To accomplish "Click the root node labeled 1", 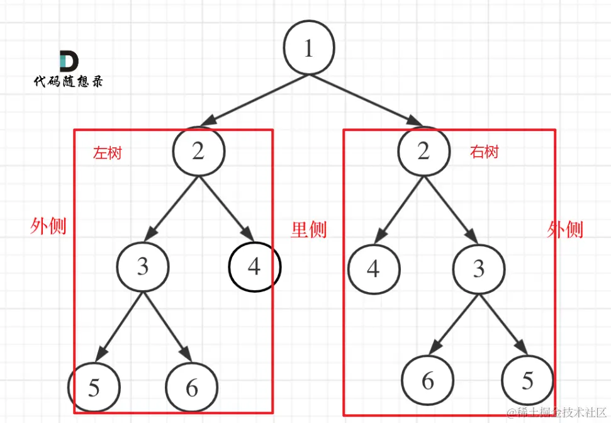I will tap(308, 49).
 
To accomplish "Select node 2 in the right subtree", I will tap(423, 151).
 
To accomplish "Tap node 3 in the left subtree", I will tap(143, 266).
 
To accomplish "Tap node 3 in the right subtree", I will tap(479, 269).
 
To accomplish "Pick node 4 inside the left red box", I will tap(254, 267).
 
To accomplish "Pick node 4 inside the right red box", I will tap(374, 269).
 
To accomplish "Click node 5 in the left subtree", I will tap(94, 386).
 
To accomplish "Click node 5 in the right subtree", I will tap(527, 380).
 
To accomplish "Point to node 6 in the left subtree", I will tap(192, 387).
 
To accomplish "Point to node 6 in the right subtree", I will tap(428, 380).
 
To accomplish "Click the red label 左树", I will tap(108, 153).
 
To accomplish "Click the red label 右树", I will tap(484, 152).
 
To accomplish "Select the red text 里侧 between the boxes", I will tap(308, 230).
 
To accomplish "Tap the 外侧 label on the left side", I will tap(48, 226).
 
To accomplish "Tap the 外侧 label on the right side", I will tap(565, 230).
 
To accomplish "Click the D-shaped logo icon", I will tap(69, 61).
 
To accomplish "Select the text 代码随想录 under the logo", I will tap(68, 82).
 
